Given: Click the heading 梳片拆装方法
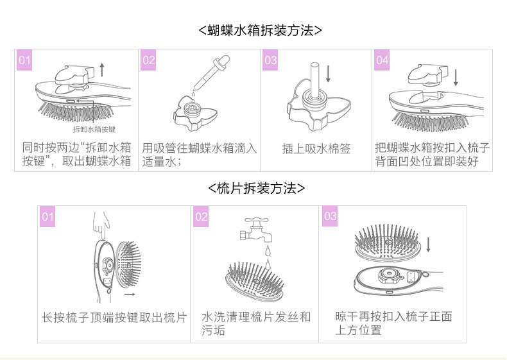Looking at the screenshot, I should [256, 188].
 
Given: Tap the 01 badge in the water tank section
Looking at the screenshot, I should [24, 61].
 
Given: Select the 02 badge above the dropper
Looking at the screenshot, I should [149, 61].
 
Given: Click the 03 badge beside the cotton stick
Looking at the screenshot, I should [271, 61].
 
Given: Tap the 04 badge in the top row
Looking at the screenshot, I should [382, 61].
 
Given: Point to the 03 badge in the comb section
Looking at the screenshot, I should [330, 216].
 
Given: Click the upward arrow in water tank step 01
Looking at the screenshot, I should [101, 69].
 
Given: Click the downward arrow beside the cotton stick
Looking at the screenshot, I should [328, 73].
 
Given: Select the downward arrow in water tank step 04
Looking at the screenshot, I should [456, 77].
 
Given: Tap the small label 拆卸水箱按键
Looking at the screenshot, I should [95, 129].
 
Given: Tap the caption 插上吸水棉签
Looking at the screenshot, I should [316, 149].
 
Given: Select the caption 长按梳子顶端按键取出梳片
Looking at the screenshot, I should [114, 317].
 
